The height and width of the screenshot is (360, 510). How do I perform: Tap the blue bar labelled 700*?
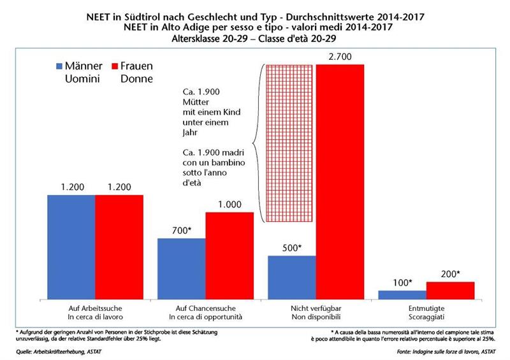pyautogui.click(x=182, y=268)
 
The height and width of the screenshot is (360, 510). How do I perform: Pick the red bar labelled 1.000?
pyautogui.click(x=229, y=255)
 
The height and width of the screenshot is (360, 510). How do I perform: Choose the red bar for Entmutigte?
pyautogui.click(x=451, y=290)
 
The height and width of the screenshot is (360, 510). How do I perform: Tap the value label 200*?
pyautogui.click(x=451, y=274)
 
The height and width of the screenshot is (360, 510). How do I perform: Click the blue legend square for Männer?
pyautogui.click(x=60, y=66)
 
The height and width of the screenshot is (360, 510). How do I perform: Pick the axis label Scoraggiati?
pyautogui.click(x=426, y=317)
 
